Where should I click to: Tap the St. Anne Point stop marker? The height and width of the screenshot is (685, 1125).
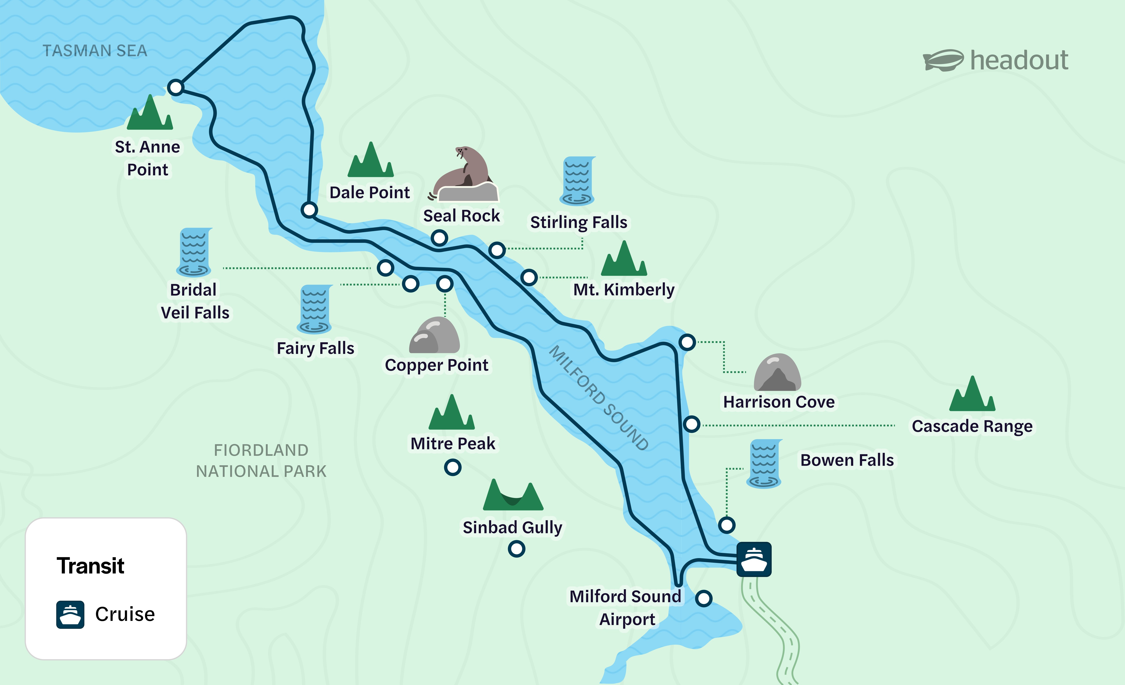point(175,87)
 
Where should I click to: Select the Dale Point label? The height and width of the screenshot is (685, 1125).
point(369,193)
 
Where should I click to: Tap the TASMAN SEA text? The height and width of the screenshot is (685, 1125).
point(95,51)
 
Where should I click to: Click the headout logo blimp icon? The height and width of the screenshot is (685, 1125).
point(943,60)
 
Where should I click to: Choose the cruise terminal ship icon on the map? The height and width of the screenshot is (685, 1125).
point(754,559)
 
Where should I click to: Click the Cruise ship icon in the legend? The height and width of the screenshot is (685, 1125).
point(70,614)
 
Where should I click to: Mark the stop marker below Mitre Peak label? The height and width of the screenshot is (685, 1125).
point(452,467)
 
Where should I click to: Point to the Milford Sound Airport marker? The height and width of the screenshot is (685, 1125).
point(704,598)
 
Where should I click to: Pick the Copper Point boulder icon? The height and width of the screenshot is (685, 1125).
point(434,336)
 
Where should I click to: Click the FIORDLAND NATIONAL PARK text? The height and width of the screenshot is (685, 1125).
point(261,461)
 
